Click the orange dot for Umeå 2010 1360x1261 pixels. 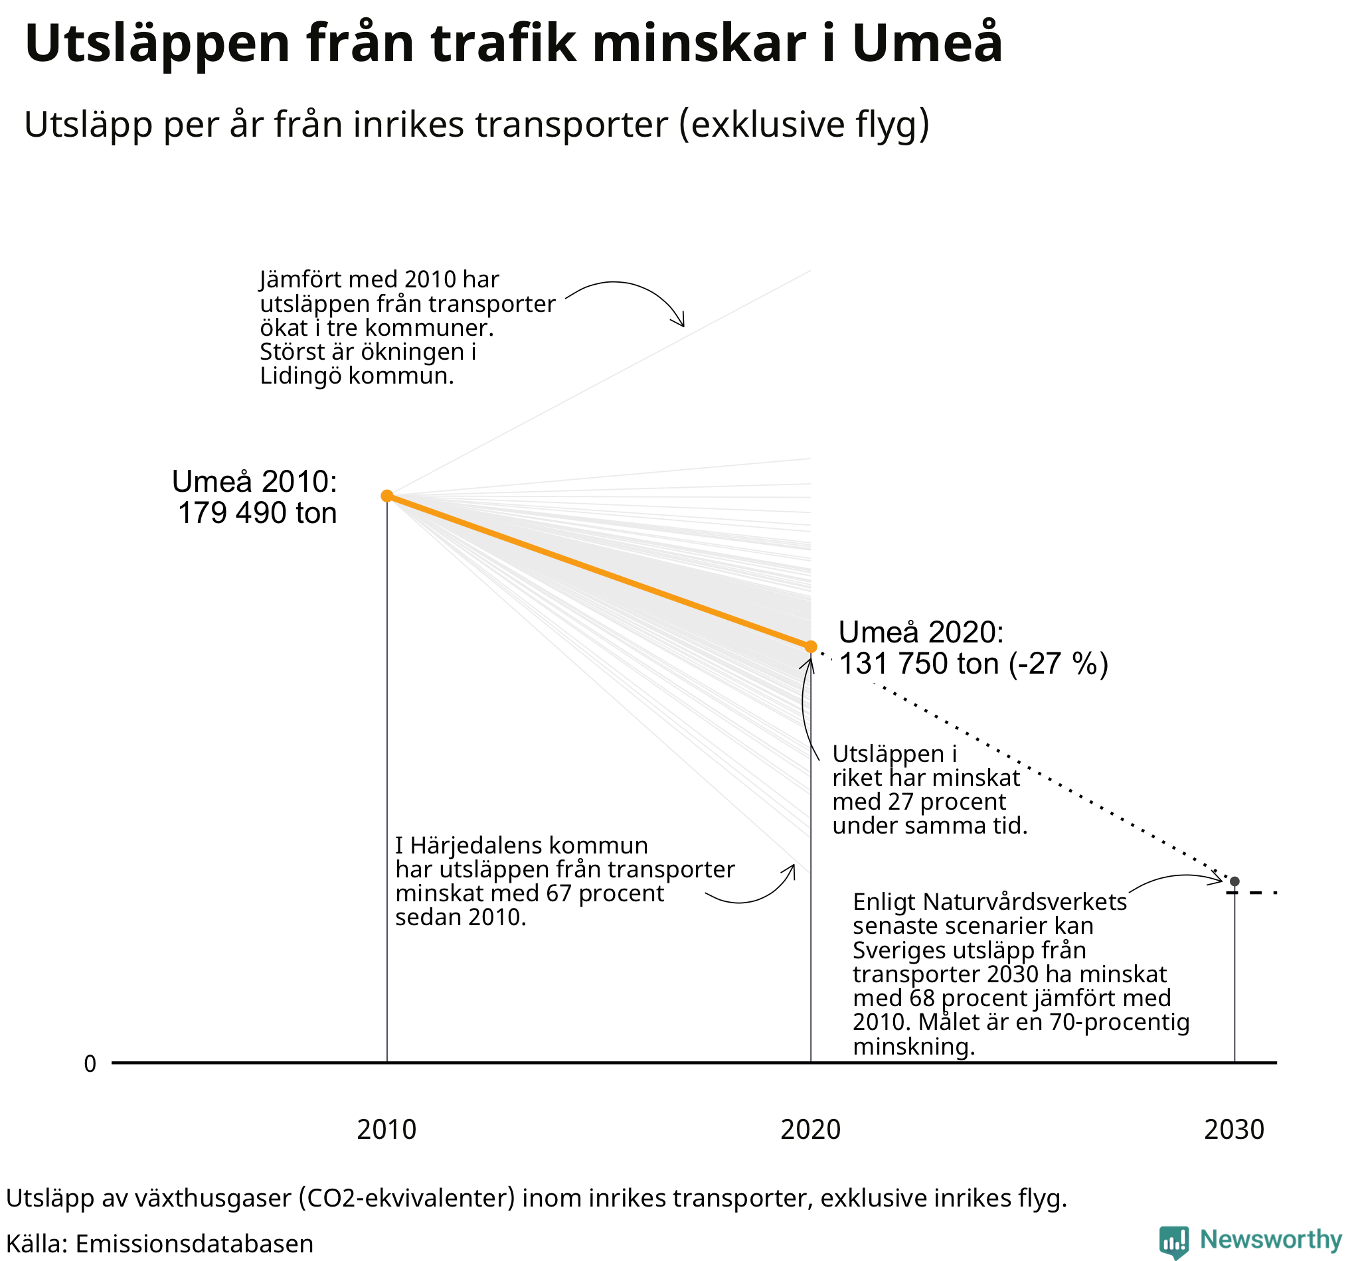point(386,495)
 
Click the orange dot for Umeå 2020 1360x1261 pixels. point(810,646)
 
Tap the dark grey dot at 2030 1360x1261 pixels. point(1234,881)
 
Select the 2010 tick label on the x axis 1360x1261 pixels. point(386,1130)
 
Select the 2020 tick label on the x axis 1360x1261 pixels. point(810,1130)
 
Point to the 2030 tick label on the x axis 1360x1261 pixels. point(1234,1130)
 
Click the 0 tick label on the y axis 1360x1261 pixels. point(90,1064)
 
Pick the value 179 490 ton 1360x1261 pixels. point(258,513)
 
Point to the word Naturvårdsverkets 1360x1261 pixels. point(1024,902)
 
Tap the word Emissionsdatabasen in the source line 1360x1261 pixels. point(194,1244)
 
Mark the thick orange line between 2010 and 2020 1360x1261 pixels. point(598,571)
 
